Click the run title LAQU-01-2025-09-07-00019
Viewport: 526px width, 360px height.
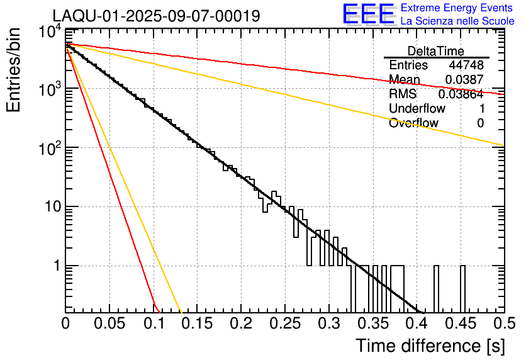[x=156, y=16]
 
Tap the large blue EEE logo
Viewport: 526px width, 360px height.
[x=368, y=15]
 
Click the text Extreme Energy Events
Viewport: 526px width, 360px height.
[x=457, y=8]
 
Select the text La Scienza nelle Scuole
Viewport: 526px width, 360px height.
[x=457, y=21]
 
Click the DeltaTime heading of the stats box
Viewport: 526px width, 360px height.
[x=435, y=51]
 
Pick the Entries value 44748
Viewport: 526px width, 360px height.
[x=466, y=65]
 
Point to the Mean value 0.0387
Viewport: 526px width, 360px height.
[x=464, y=80]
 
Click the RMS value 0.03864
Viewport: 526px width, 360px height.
[x=461, y=94]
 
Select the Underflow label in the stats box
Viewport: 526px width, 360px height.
[x=417, y=109]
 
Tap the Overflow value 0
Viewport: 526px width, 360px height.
[x=480, y=123]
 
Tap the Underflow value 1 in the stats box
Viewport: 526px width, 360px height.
[x=480, y=109]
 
